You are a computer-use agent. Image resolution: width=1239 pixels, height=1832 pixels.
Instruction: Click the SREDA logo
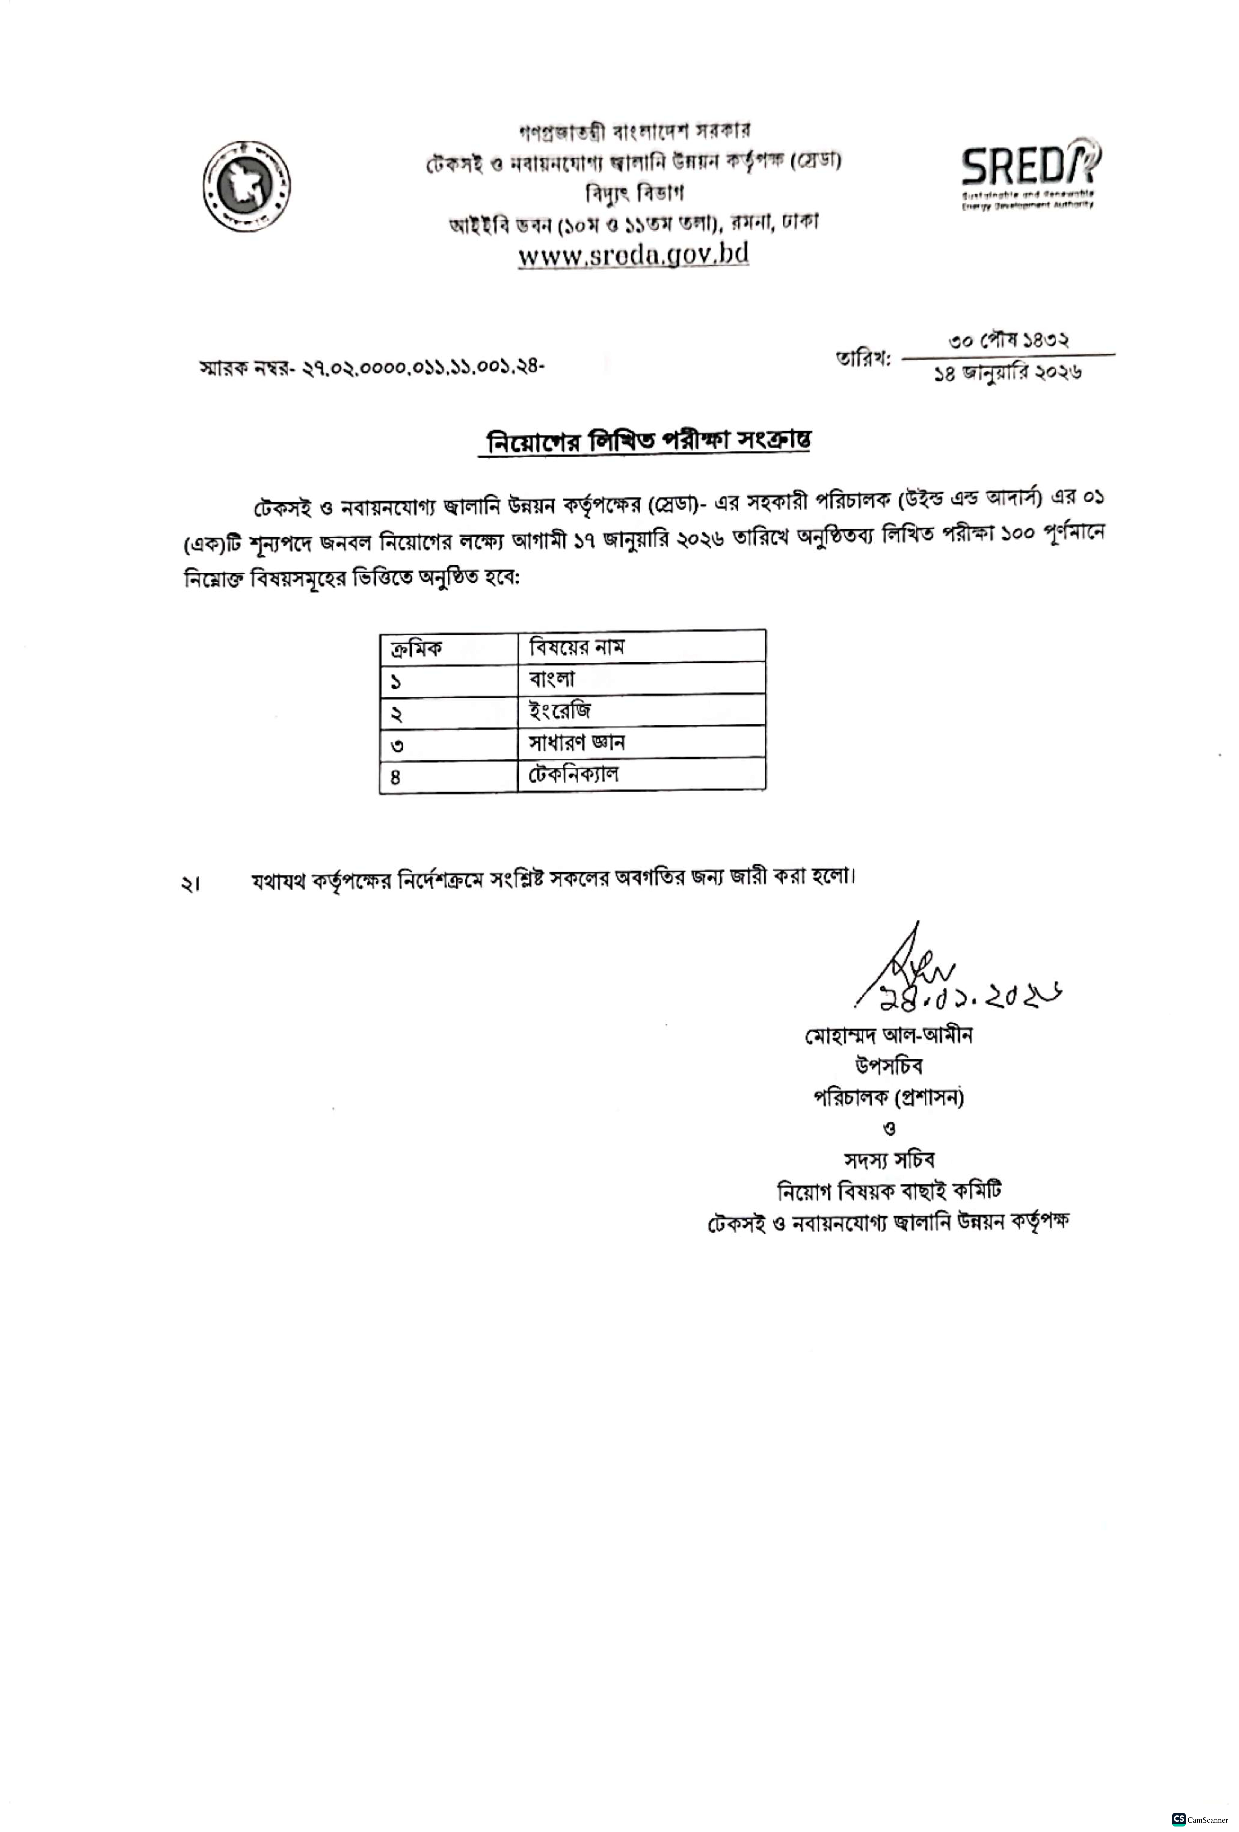(1030, 175)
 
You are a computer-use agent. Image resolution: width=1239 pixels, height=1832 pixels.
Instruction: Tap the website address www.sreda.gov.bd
(633, 255)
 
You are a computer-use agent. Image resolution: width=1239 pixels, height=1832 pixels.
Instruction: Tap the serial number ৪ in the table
(396, 777)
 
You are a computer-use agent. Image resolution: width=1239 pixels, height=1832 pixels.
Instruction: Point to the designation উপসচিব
(888, 1066)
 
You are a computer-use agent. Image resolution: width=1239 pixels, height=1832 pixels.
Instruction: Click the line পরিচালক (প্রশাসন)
(888, 1097)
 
